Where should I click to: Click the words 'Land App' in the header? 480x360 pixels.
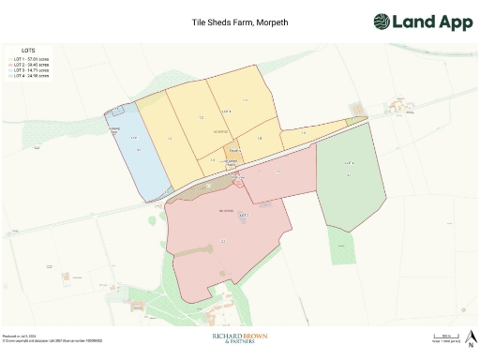pyautogui.click(x=432, y=22)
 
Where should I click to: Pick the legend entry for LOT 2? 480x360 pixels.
pyautogui.click(x=33, y=63)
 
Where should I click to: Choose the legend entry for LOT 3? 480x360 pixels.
pyautogui.click(x=33, y=68)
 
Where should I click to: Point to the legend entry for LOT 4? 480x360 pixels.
pyautogui.click(x=33, y=74)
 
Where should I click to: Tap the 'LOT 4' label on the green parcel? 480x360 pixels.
pyautogui.click(x=350, y=163)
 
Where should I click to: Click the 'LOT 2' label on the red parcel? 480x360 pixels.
pyautogui.click(x=244, y=216)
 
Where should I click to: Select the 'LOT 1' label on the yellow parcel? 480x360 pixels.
pyautogui.click(x=225, y=111)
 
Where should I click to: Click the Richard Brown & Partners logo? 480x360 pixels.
pyautogui.click(x=239, y=338)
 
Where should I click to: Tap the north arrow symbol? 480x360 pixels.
pyautogui.click(x=472, y=337)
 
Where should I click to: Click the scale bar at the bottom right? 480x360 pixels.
pyautogui.click(x=445, y=336)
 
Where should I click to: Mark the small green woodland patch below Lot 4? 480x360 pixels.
pyautogui.click(x=342, y=245)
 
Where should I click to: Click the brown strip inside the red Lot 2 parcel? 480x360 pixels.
pyautogui.click(x=202, y=190)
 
